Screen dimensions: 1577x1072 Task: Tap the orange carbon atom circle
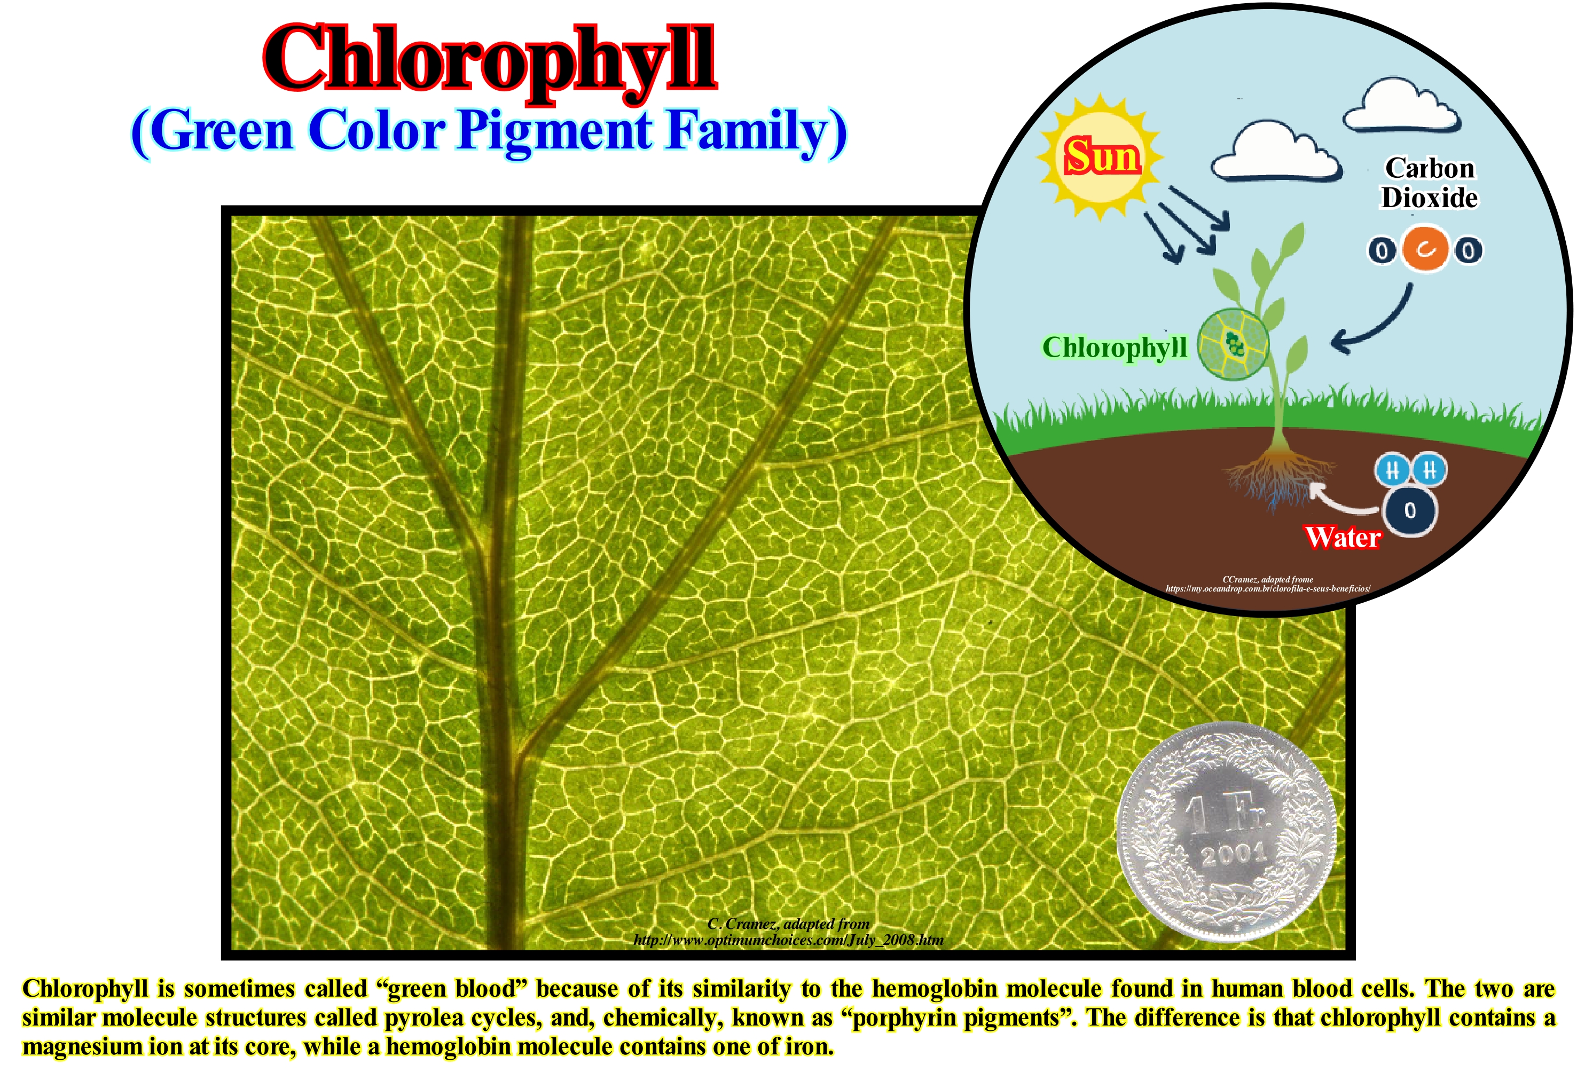coord(1425,250)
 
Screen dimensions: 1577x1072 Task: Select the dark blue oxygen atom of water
coord(1410,511)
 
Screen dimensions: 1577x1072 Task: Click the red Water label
coord(1343,538)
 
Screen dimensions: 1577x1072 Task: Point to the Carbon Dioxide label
coord(1430,183)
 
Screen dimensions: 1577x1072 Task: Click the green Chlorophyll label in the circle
coord(1115,348)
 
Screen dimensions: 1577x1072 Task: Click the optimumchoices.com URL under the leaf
coord(788,940)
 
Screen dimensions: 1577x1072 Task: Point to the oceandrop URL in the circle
coord(1268,588)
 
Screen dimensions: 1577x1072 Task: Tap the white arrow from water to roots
coord(1340,501)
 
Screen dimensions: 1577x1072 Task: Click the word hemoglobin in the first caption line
coord(935,989)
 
